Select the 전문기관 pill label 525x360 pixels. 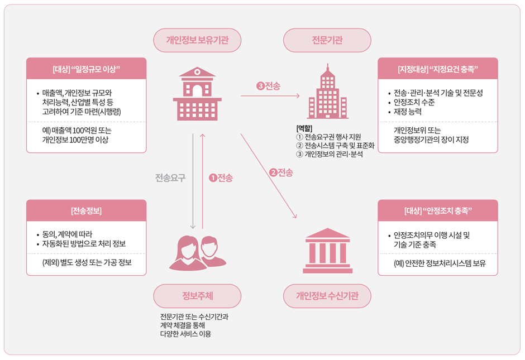[327, 40]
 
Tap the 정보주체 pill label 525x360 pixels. [197, 296]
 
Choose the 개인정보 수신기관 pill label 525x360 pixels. [327, 296]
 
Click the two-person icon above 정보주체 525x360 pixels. [197, 253]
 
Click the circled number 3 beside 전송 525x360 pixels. [260, 86]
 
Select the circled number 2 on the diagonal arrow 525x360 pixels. [273, 172]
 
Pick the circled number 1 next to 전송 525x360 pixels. [212, 178]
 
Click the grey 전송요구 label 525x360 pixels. [170, 178]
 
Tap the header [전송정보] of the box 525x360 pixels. [87, 212]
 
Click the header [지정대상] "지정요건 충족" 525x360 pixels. [437, 70]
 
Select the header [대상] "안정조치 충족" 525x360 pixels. [437, 212]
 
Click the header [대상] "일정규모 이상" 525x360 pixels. [87, 70]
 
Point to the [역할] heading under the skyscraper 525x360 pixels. [304, 128]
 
